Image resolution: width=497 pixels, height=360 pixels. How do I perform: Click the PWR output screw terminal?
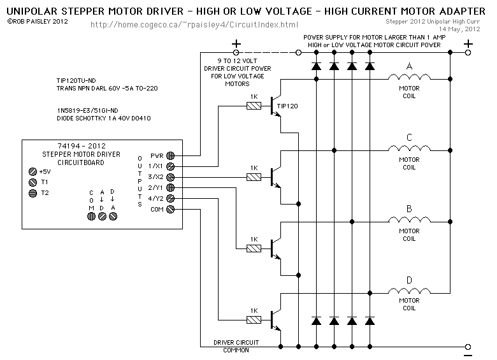171,155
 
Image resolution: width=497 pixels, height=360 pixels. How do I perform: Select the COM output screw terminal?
171,209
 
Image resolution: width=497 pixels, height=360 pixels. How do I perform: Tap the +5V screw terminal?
32,172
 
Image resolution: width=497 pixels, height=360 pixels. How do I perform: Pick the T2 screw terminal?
32,193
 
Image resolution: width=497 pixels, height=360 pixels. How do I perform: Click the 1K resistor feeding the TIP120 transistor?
254,106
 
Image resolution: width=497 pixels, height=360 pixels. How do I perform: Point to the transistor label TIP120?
287,106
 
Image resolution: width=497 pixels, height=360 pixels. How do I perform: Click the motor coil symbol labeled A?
409,77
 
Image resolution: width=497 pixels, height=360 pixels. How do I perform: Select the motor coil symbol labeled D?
409,291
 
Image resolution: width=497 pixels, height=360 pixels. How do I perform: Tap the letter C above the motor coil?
409,138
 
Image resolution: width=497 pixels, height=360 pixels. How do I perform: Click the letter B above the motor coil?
409,209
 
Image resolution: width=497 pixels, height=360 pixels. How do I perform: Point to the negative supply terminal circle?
468,347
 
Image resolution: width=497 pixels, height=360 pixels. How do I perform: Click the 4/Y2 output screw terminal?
171,198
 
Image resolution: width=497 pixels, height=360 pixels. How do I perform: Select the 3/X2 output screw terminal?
171,177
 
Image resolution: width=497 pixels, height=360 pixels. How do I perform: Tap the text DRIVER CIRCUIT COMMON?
236,347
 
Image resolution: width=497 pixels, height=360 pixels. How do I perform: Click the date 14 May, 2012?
459,29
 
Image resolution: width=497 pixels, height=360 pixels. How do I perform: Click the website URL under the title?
194,25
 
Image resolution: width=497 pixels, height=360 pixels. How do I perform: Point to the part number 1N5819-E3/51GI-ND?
87,111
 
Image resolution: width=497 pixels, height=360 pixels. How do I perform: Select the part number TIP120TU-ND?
76,80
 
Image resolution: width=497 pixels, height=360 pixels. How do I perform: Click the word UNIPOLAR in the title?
32,11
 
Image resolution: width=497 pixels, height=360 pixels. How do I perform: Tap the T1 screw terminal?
32,182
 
